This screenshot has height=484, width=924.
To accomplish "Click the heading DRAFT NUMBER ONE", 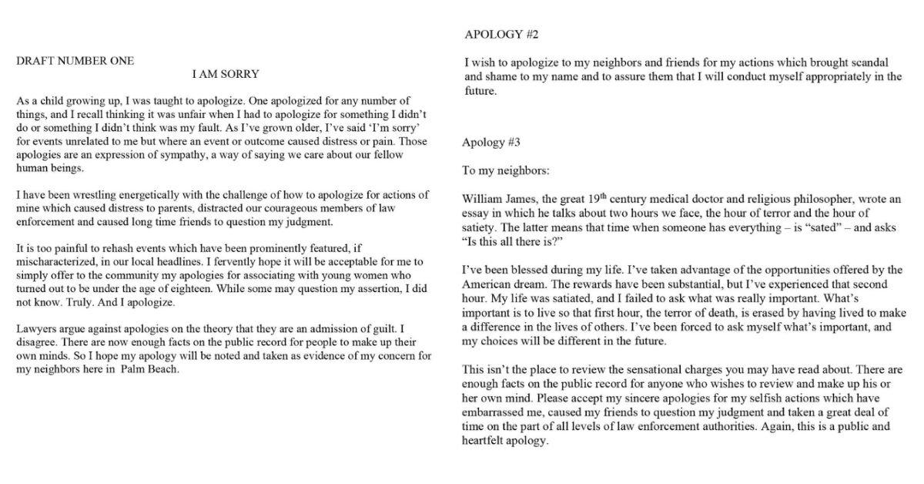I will point(75,61).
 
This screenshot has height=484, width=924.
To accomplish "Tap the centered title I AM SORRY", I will point(225,74).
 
